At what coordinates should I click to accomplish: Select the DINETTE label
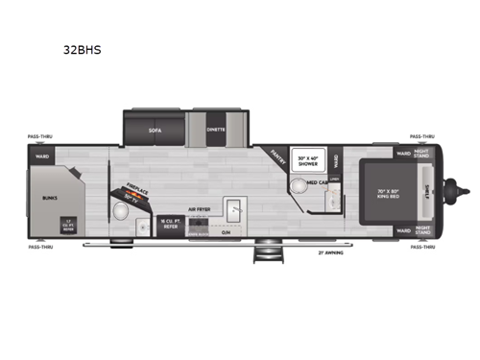click(x=216, y=128)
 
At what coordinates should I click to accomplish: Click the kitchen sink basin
click(x=234, y=205)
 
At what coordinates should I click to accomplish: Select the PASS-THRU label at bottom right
click(x=423, y=247)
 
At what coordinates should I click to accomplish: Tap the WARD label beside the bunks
click(x=41, y=156)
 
